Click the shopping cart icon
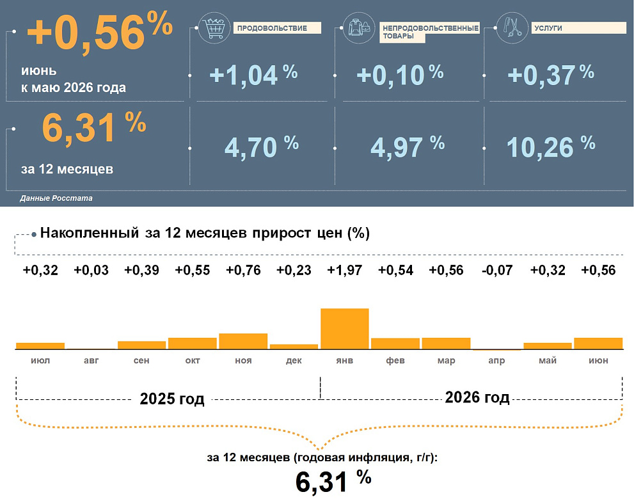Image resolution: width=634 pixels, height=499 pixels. (214, 28)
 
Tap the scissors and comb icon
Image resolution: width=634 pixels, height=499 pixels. (512, 28)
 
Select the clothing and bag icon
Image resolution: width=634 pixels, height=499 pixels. (359, 28)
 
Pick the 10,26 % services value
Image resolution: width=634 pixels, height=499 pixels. (551, 147)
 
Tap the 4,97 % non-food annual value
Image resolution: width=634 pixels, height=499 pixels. (408, 147)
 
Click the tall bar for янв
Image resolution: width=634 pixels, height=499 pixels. (344, 329)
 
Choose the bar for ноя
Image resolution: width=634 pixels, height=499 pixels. (243, 341)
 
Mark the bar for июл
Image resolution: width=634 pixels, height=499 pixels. (40, 345)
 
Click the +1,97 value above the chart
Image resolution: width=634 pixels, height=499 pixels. (344, 270)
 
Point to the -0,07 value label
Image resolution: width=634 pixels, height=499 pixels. (497, 270)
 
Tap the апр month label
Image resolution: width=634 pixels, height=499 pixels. (496, 360)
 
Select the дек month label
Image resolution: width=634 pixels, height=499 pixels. (294, 360)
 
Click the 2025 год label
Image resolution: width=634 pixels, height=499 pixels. (172, 399)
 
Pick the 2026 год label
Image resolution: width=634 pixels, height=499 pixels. (477, 397)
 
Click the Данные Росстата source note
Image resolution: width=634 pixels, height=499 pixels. (56, 198)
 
